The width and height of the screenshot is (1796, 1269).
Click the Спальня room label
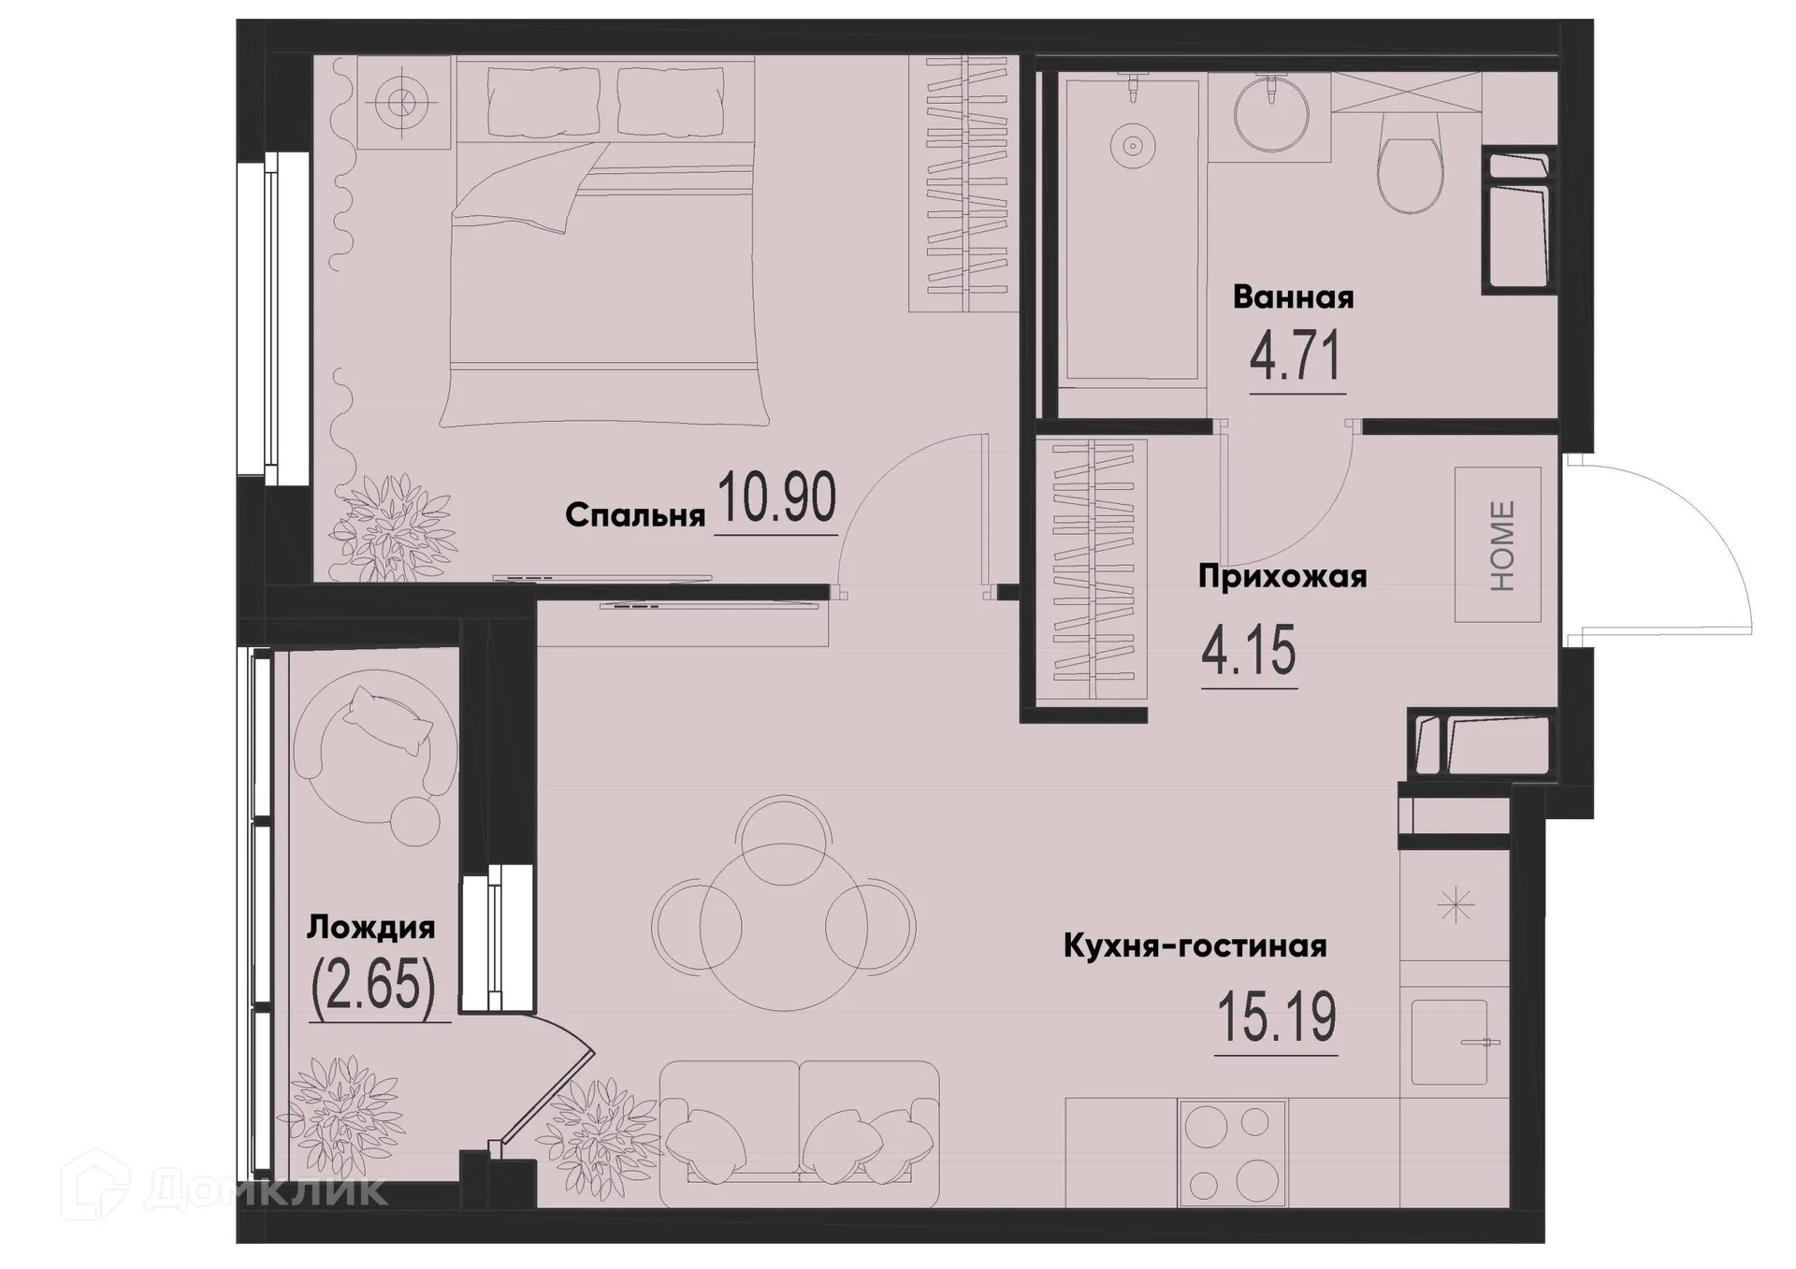click(634, 515)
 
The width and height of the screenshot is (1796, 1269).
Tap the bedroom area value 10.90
click(775, 498)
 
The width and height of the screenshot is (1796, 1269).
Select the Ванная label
click(1293, 297)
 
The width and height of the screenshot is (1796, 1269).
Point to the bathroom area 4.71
click(1296, 356)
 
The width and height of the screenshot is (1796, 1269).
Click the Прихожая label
click(1282, 577)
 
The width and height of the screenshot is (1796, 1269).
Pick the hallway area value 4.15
click(1249, 651)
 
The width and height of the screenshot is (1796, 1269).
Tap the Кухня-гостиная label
click(1195, 946)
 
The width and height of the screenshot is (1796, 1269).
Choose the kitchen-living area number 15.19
click(1276, 1017)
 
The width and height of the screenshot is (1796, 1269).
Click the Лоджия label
click(371, 928)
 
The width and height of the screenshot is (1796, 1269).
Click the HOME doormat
click(1498, 545)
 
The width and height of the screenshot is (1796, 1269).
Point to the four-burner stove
click(1233, 1152)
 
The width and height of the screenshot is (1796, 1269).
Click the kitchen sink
click(1449, 1042)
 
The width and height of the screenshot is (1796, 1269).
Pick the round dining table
click(784, 926)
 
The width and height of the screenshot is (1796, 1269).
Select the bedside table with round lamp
click(404, 101)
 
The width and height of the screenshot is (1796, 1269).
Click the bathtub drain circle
click(1132, 146)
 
